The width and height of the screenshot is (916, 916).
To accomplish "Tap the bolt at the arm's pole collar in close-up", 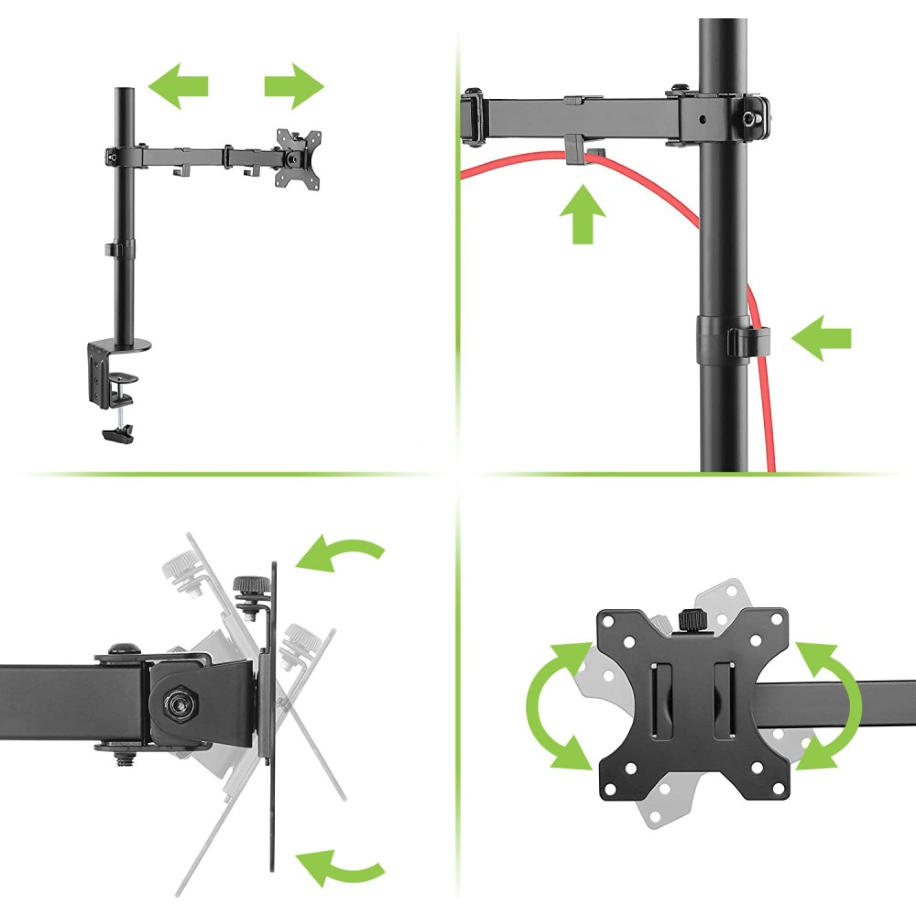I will [753, 117].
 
